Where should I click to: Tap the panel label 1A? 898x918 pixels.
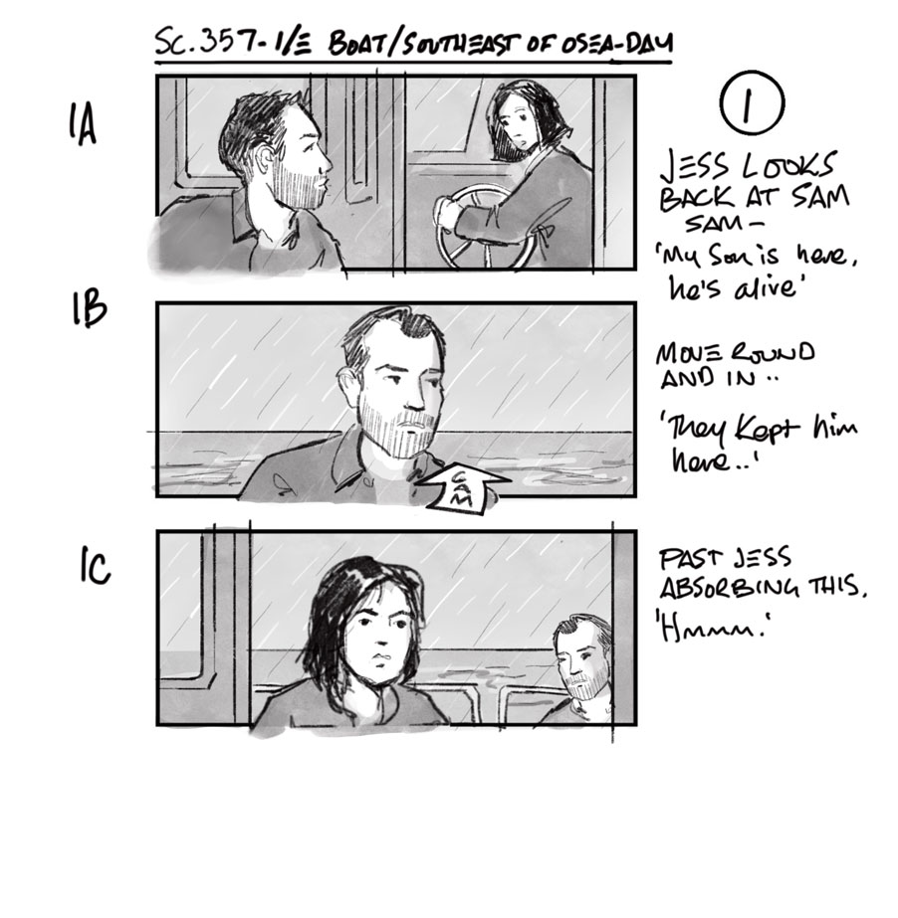pyautogui.click(x=82, y=123)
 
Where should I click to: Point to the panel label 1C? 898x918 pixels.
pyautogui.click(x=95, y=566)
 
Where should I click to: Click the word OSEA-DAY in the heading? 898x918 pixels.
pyautogui.click(x=615, y=43)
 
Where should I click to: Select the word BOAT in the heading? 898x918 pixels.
pyautogui.click(x=357, y=44)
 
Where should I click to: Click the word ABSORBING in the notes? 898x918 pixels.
pyautogui.click(x=729, y=587)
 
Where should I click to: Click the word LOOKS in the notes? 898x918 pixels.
pyautogui.click(x=787, y=166)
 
